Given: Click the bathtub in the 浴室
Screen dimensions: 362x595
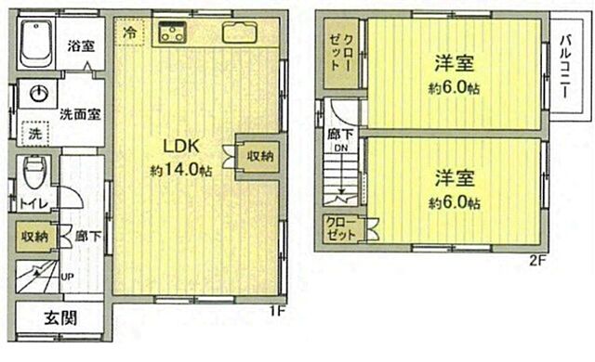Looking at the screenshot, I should pos(38,43).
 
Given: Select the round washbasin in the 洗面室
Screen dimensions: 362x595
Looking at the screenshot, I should pos(39,94).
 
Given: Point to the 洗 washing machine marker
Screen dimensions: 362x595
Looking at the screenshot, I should pos(33,133).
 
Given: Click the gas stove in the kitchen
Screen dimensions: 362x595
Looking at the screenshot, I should pos(174,34).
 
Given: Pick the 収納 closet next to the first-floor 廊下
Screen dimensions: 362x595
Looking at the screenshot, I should pos(34,238).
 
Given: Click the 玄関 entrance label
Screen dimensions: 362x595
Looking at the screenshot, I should pos(58,317).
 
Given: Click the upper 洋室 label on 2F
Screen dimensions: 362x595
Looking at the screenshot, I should pos(455,65).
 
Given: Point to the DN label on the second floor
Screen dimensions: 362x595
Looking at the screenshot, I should pos(342,149).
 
